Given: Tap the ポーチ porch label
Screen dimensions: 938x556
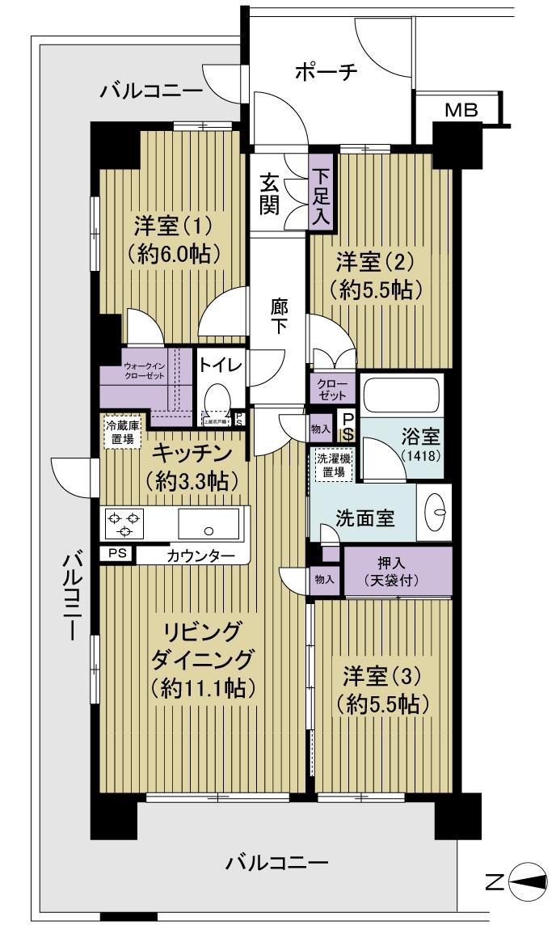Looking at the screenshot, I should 326,72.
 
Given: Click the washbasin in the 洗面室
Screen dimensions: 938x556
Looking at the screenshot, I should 437,510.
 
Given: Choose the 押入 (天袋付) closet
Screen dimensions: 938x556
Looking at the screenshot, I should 396,572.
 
